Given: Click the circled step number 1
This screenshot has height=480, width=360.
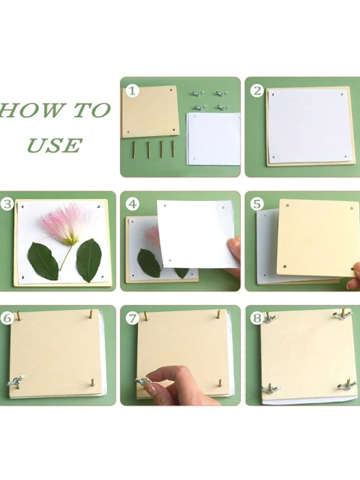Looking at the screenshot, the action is (132, 91).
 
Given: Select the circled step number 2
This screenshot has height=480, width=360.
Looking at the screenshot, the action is (257, 91).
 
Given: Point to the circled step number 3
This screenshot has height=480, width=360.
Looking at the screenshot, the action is (7, 204).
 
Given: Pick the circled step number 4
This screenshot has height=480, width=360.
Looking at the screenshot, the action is (132, 204).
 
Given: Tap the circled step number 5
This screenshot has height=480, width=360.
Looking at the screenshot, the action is (257, 204).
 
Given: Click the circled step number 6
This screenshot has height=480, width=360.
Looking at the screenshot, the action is (7, 318).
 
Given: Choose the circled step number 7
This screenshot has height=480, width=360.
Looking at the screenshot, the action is (132, 318).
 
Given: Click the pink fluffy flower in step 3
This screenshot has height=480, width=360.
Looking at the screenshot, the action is (66, 224).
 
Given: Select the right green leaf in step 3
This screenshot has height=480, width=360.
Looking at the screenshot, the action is (89, 260).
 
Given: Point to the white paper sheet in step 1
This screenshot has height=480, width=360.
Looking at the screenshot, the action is (213, 139).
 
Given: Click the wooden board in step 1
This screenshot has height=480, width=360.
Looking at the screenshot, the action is (150, 112).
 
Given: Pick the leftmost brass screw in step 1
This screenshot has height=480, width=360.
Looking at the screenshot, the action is (134, 149).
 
